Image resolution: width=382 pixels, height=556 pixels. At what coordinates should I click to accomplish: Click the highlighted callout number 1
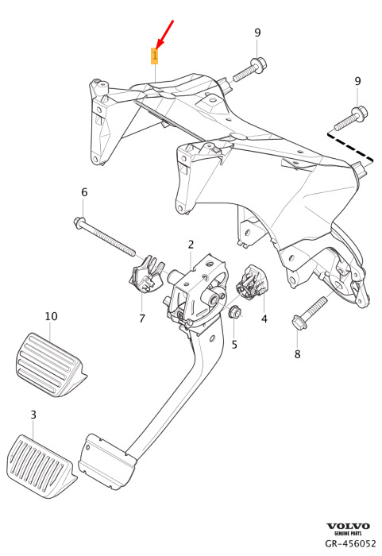(155, 56)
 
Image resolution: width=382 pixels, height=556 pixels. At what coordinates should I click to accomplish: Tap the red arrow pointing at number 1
(164, 34)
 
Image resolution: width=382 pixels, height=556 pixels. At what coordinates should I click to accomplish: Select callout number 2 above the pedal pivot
(191, 245)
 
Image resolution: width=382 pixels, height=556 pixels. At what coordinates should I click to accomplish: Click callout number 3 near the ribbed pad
(33, 414)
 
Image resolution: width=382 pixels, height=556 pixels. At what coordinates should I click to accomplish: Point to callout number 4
(264, 319)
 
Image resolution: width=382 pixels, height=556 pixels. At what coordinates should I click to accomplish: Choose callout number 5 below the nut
(234, 344)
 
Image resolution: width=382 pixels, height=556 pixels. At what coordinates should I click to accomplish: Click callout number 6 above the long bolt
(84, 192)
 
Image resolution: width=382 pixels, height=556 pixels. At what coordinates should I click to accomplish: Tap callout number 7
(142, 318)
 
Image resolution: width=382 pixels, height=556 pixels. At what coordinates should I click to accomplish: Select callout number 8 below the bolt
(297, 353)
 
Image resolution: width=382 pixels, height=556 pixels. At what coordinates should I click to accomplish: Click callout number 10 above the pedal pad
(51, 316)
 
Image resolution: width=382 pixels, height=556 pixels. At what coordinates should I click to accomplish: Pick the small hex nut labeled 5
(234, 312)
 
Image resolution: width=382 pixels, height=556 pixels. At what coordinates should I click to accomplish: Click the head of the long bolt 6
(79, 223)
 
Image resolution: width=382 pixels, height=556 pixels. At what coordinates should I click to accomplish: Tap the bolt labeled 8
(309, 313)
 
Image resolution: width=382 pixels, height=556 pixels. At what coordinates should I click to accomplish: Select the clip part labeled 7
(146, 275)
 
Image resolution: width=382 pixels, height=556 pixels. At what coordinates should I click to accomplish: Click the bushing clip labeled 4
(253, 281)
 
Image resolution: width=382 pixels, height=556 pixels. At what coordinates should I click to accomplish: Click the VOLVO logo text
(348, 526)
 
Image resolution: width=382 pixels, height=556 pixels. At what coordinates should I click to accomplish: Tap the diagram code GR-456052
(350, 543)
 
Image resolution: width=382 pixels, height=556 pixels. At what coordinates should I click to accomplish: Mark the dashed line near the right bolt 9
(350, 147)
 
